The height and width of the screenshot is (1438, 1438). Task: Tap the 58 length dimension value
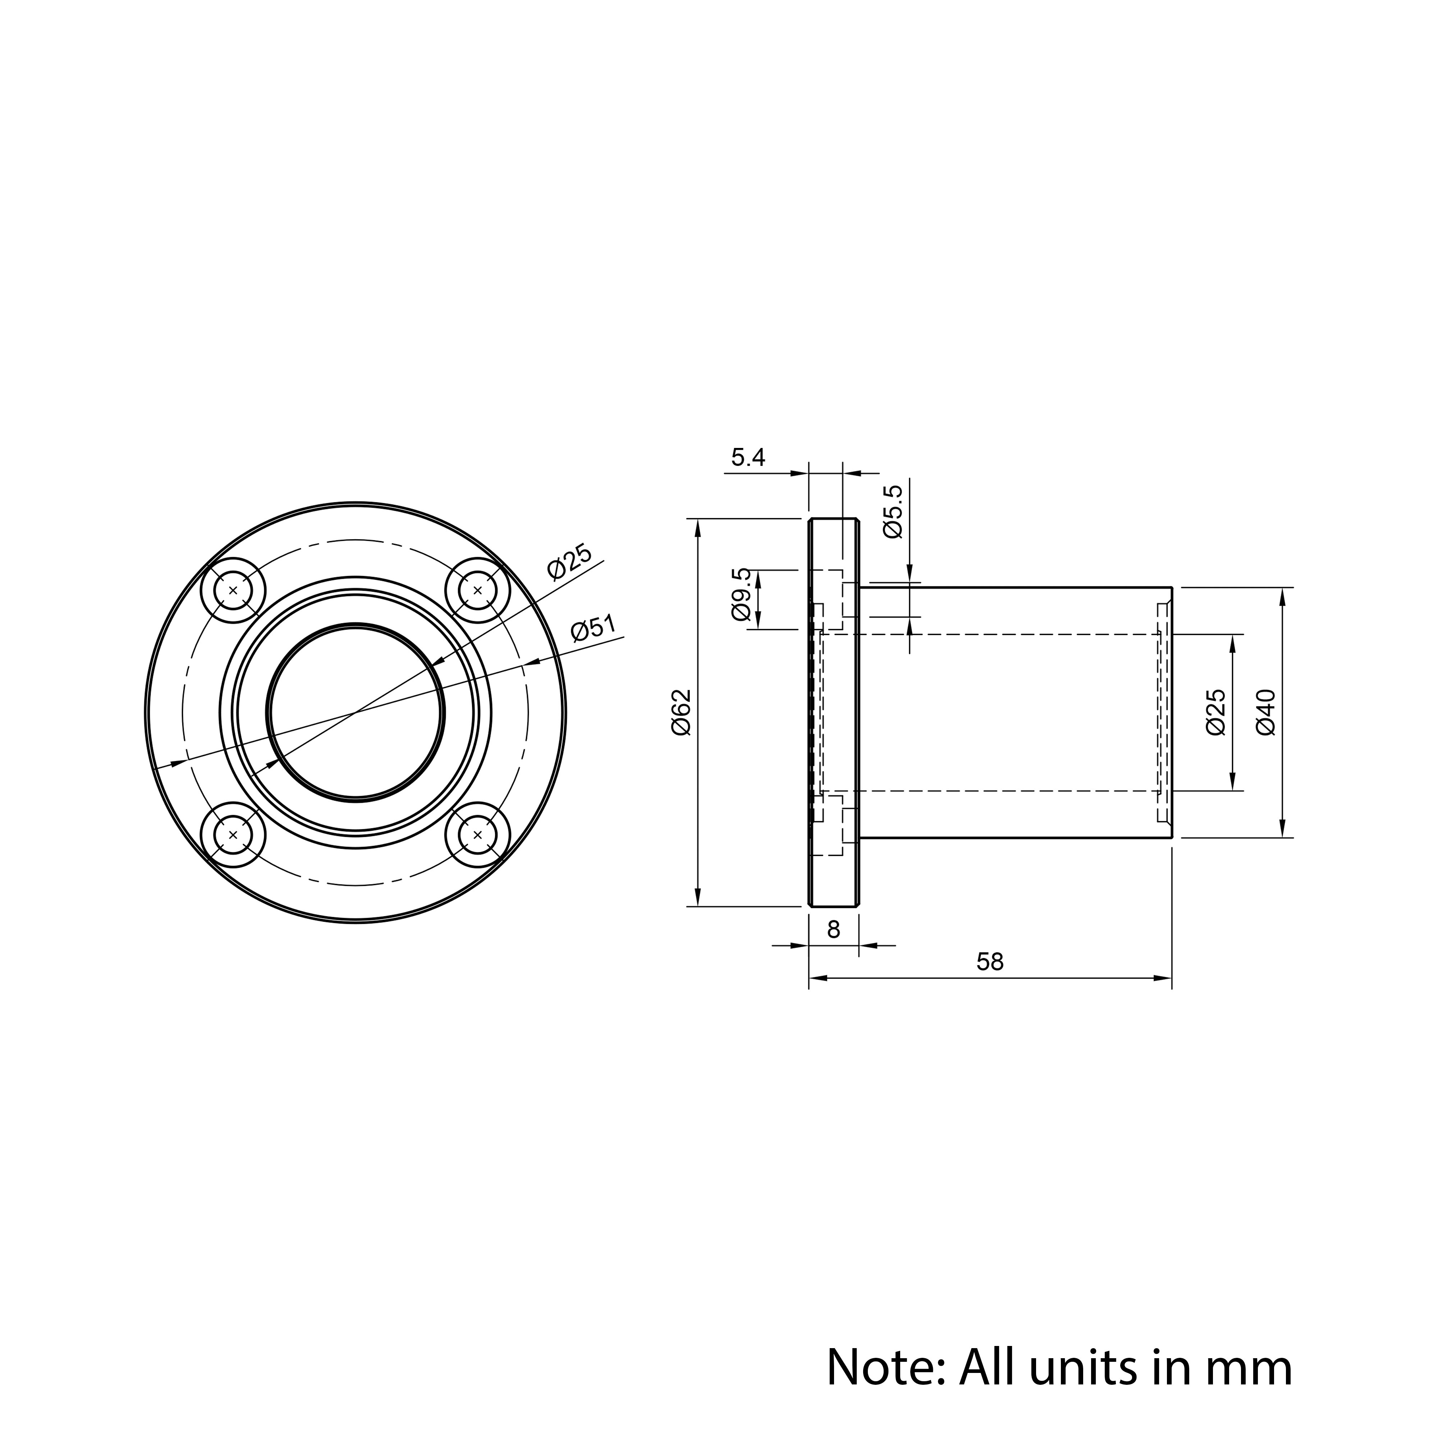(x=990, y=962)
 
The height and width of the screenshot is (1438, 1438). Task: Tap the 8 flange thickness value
(x=834, y=930)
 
